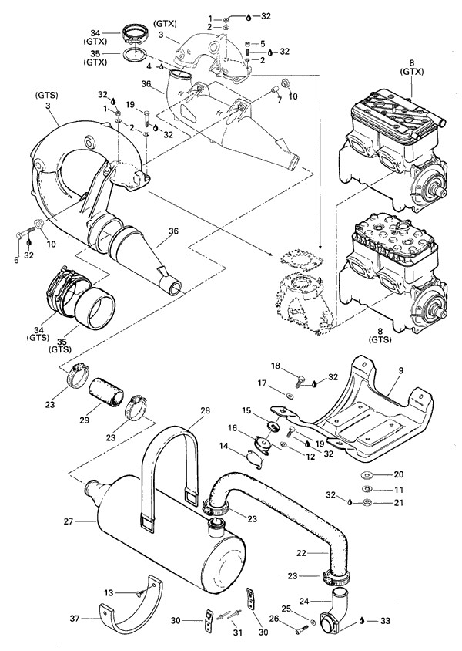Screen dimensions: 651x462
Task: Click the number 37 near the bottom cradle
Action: click(x=74, y=618)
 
